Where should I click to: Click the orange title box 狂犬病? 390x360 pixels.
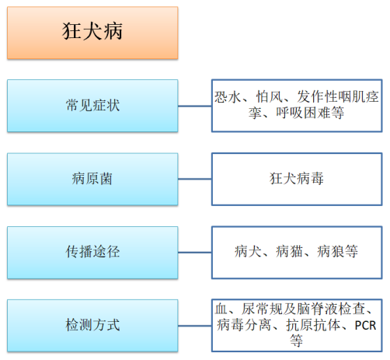tap(92, 33)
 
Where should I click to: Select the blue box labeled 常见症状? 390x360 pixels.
tap(92, 106)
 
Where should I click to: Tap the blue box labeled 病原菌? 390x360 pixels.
tap(92, 179)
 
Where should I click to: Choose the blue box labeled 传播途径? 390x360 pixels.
tap(92, 253)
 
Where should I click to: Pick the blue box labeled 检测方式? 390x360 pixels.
tap(92, 326)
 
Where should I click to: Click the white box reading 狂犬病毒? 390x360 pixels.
tap(297, 179)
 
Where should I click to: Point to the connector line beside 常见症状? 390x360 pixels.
tap(195, 106)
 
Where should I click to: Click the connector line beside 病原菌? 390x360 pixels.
tap(195, 179)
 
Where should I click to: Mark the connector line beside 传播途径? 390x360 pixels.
tap(195, 252)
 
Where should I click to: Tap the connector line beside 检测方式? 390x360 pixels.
tap(195, 326)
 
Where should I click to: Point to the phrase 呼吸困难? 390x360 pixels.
tap(303, 113)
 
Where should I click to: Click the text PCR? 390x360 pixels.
tap(365, 326)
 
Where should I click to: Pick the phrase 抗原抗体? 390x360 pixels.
tap(313, 325)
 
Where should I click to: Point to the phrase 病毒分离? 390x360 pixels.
tap(244, 325)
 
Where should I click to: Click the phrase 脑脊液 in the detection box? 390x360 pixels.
tap(318, 309)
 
